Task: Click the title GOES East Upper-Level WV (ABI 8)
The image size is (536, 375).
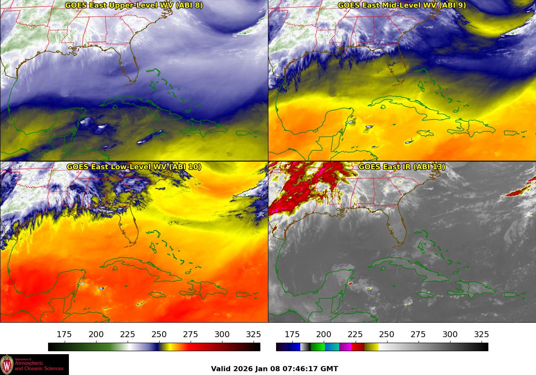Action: (134, 6)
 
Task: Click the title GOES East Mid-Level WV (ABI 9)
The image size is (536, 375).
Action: (402, 6)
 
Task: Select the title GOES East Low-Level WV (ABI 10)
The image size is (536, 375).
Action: (134, 167)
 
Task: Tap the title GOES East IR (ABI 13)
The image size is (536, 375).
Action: (402, 167)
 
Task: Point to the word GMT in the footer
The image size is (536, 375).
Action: (330, 369)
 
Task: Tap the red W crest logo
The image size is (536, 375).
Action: (7, 365)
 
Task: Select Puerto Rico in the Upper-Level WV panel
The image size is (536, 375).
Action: (242, 133)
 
